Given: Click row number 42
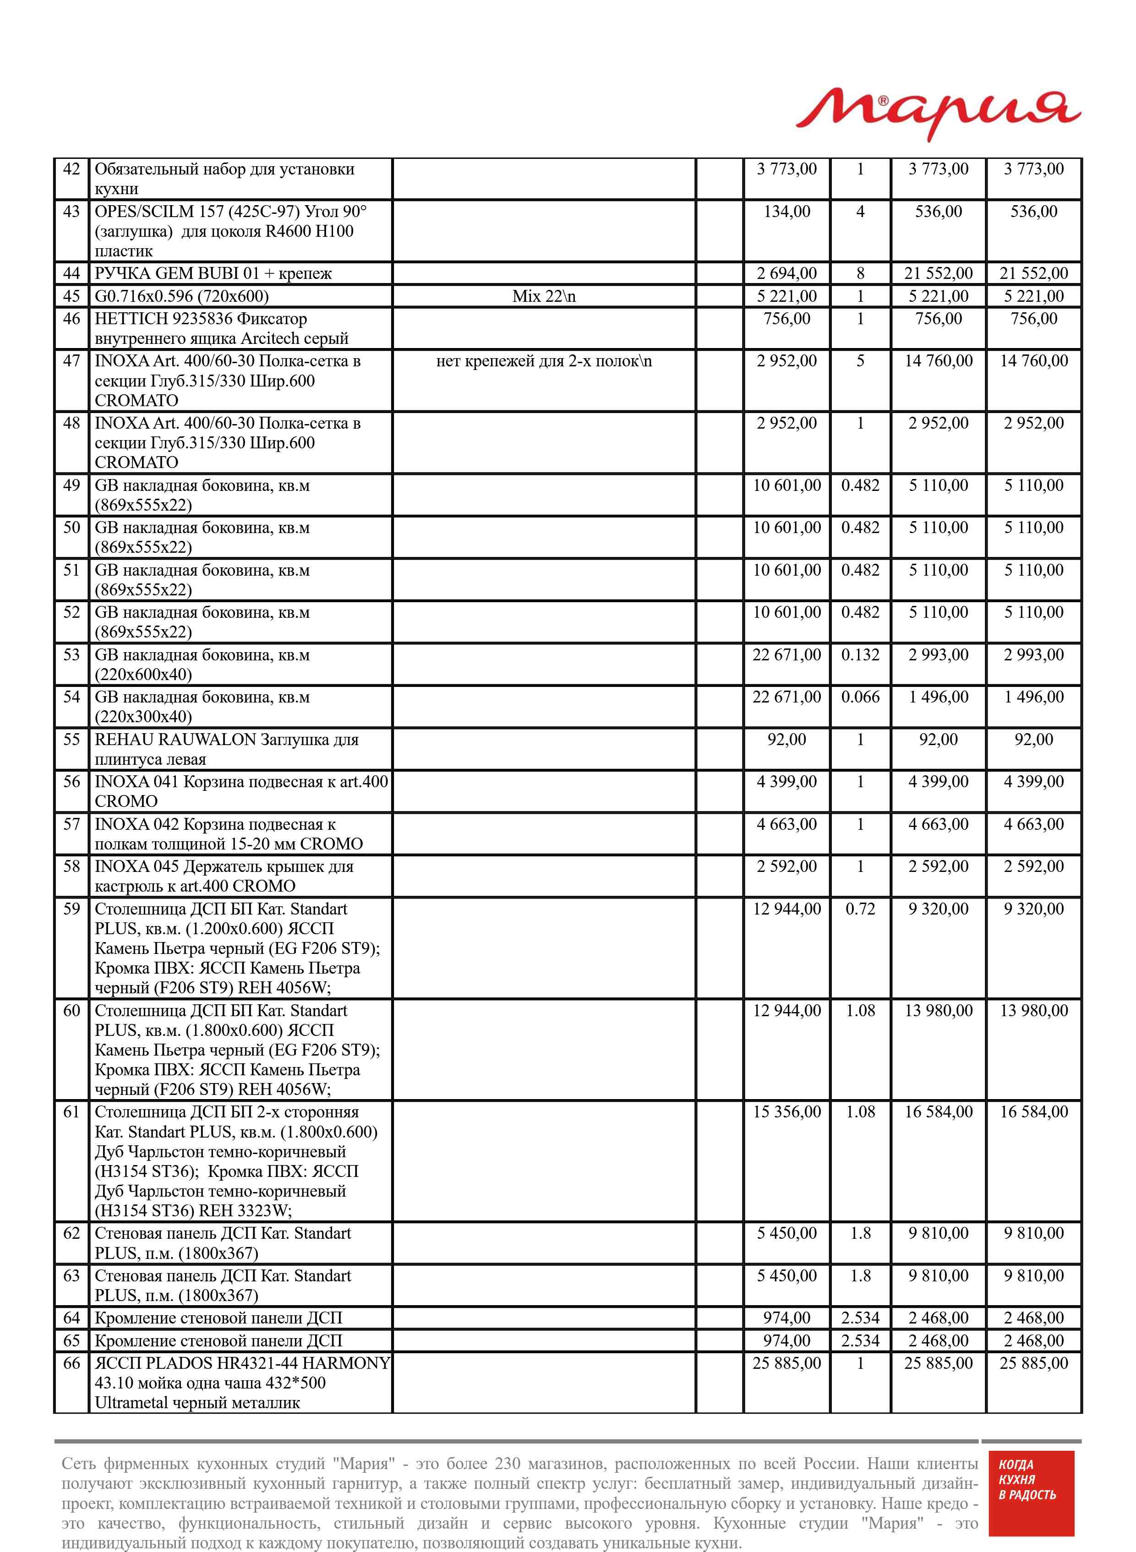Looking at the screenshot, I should pos(71,169).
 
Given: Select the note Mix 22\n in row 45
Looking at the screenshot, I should pos(544,296).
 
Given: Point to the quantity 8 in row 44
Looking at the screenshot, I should pos(860,273).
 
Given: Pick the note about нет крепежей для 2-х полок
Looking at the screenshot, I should pos(544,361).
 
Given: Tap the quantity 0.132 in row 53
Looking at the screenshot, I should pos(860,655).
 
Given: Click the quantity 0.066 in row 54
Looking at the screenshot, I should pos(860,697).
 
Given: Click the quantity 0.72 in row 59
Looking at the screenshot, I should pos(860,909).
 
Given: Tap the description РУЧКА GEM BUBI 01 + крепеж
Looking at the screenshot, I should pos(213,273).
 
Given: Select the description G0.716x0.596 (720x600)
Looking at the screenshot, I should pos(181,296).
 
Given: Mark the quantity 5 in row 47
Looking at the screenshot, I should pos(860,361).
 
